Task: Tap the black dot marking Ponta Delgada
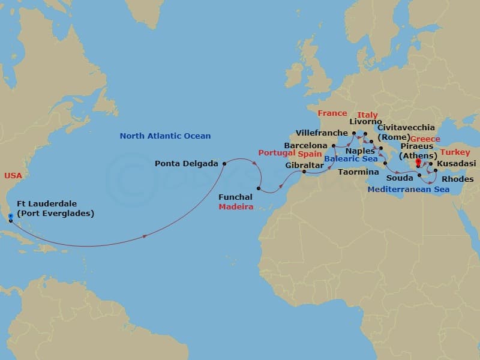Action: coord(224,163)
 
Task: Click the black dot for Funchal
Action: coord(259,189)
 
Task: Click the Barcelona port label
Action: coord(305,146)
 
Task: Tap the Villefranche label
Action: coord(322,133)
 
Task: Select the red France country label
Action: coord(332,113)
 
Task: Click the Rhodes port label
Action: coord(458,179)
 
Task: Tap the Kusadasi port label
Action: coord(457,163)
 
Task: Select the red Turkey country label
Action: coord(455,152)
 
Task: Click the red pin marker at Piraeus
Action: coord(418,162)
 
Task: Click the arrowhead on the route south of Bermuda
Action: coord(146,236)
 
